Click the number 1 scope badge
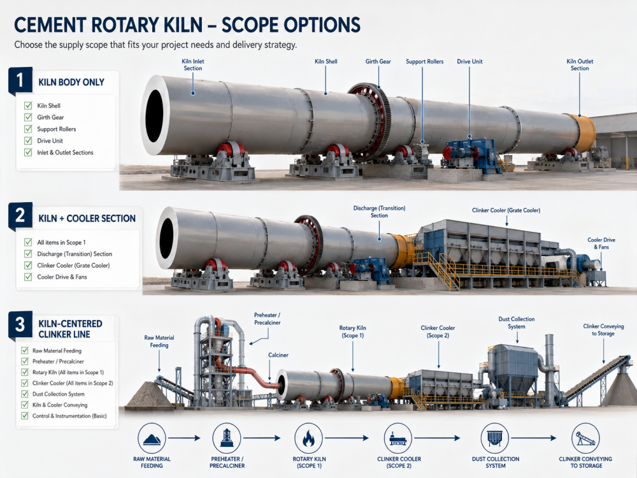(x=20, y=80)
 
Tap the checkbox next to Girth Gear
(x=28, y=117)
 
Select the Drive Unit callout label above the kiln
(x=469, y=61)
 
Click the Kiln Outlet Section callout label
(x=580, y=64)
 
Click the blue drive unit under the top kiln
(x=471, y=153)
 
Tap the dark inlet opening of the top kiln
(x=154, y=116)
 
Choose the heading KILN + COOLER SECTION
(x=87, y=219)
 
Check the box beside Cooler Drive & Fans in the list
(x=28, y=277)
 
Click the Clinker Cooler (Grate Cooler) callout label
(x=506, y=210)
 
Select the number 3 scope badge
(x=20, y=324)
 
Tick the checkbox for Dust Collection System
(x=25, y=394)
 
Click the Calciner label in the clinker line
(x=278, y=355)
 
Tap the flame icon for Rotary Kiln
(x=308, y=438)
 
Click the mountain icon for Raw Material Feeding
(x=152, y=438)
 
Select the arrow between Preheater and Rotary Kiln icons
(x=262, y=438)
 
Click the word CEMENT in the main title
(x=49, y=25)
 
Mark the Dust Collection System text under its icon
(x=496, y=462)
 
